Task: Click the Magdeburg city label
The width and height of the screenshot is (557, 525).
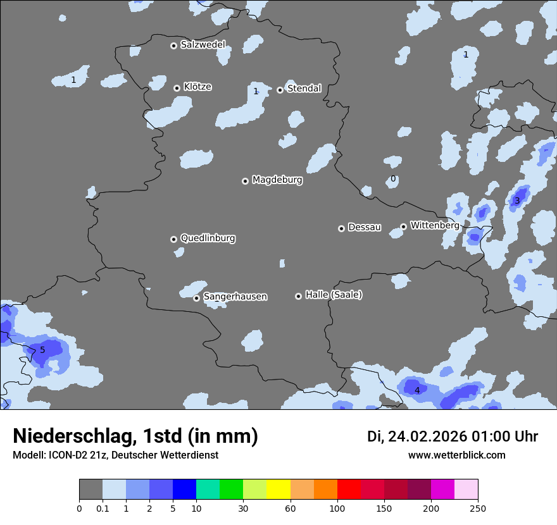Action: (x=277, y=180)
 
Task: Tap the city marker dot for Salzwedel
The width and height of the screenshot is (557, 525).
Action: (x=173, y=46)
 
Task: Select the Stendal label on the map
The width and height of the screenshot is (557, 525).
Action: (x=304, y=89)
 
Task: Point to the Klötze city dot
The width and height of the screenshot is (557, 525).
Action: (x=177, y=88)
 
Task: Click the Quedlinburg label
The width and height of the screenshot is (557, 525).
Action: (x=208, y=238)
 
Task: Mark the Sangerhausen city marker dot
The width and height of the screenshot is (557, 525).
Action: (x=196, y=298)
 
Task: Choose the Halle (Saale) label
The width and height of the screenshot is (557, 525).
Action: (x=334, y=295)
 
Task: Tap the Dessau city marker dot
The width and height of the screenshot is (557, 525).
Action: (x=341, y=228)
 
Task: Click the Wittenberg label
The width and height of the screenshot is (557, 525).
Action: (x=434, y=225)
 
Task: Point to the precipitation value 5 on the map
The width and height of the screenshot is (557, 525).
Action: (x=42, y=350)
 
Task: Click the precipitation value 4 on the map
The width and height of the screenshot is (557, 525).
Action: (x=416, y=390)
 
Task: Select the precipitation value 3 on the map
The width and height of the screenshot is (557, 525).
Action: (x=516, y=201)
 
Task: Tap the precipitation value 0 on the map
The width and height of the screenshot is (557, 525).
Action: (x=393, y=179)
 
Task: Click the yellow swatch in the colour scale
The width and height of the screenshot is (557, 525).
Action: (x=278, y=490)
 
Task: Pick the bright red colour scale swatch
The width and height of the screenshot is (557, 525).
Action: (x=349, y=490)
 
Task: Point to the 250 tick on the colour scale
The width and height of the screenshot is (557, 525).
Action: (x=478, y=509)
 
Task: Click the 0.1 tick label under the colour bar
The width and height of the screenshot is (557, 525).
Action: (x=103, y=509)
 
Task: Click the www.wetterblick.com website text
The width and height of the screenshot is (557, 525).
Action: (x=456, y=455)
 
